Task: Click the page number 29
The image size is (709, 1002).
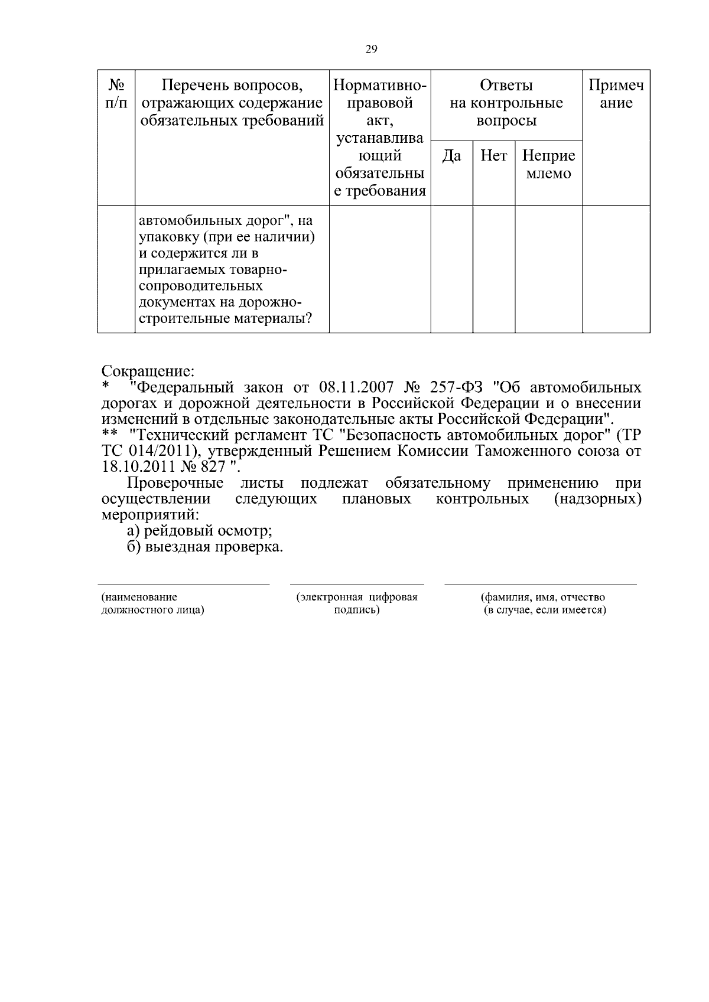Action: coord(371,49)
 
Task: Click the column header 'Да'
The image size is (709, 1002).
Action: coord(451,156)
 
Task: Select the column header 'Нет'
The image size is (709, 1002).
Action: coord(493,156)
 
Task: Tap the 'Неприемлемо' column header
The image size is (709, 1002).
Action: coord(548,165)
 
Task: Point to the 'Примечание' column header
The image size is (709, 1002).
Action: coord(616,94)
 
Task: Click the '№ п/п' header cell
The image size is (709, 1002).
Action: coord(116,94)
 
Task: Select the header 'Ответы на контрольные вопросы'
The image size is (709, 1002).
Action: coord(506,103)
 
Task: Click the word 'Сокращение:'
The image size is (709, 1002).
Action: coord(148,372)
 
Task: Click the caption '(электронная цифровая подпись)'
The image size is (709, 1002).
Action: coord(357,603)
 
